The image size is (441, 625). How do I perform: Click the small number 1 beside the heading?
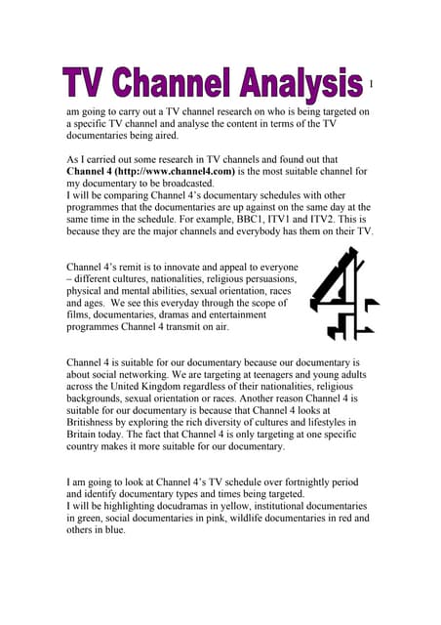pyautogui.click(x=372, y=85)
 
